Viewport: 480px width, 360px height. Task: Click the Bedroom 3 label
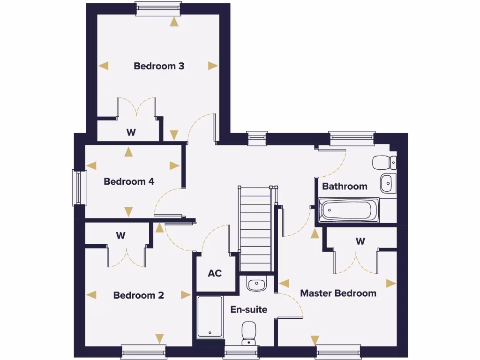pyautogui.click(x=159, y=66)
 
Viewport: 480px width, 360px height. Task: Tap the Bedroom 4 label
pyautogui.click(x=129, y=181)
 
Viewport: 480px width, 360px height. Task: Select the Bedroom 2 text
pyautogui.click(x=138, y=295)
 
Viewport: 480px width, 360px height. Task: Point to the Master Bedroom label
pyautogui.click(x=338, y=293)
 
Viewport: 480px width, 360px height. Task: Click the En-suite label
pyautogui.click(x=248, y=309)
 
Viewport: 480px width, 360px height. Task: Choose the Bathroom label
pyautogui.click(x=345, y=186)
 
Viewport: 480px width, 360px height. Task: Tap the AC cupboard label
pyautogui.click(x=215, y=273)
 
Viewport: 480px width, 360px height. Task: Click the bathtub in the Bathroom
pyautogui.click(x=349, y=210)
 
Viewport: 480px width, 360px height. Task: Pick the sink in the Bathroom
pyautogui.click(x=387, y=183)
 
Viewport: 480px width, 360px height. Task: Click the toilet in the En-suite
pyautogui.click(x=248, y=332)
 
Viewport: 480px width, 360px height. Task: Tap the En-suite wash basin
pyautogui.click(x=256, y=284)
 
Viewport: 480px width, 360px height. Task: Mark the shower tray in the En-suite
pyautogui.click(x=210, y=317)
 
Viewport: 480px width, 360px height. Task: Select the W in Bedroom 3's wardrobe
pyautogui.click(x=131, y=133)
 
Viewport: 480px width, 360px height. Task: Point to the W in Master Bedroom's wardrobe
pyautogui.click(x=360, y=241)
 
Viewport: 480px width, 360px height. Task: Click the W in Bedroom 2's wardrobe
pyautogui.click(x=121, y=235)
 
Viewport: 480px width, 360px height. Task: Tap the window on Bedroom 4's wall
pyautogui.click(x=79, y=187)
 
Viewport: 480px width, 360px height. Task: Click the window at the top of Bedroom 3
pyautogui.click(x=158, y=8)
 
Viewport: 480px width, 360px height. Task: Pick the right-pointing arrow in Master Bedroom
pyautogui.click(x=391, y=284)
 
